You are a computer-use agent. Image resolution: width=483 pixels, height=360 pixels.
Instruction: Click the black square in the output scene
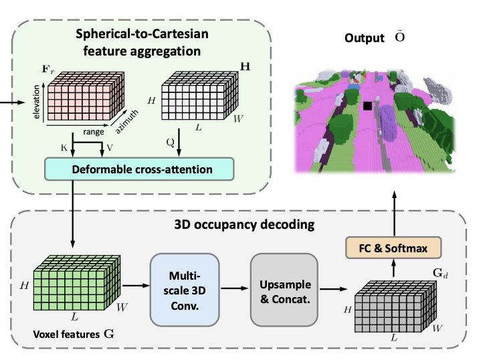[367, 105]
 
